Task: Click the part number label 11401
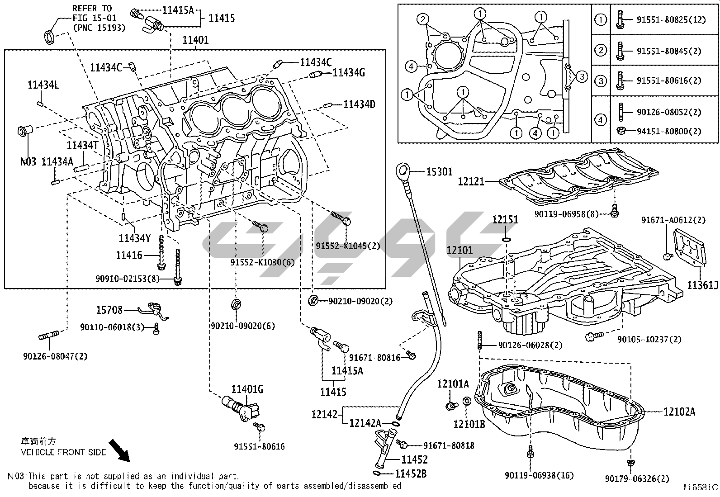click(x=196, y=40)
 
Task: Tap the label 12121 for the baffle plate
click(x=471, y=181)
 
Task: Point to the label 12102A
click(x=679, y=412)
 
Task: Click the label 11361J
click(x=702, y=285)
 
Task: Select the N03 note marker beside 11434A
click(x=28, y=161)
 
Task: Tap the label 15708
click(x=109, y=310)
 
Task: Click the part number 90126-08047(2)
click(x=55, y=356)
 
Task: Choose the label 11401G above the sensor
click(x=247, y=389)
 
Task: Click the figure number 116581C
click(x=701, y=487)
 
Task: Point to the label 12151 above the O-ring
click(x=505, y=220)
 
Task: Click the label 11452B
click(x=411, y=474)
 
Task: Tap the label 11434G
click(x=349, y=72)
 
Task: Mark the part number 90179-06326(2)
click(x=637, y=478)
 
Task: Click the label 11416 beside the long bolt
click(x=129, y=256)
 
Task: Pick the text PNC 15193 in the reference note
click(x=99, y=28)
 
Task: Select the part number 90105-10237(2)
click(x=649, y=339)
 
